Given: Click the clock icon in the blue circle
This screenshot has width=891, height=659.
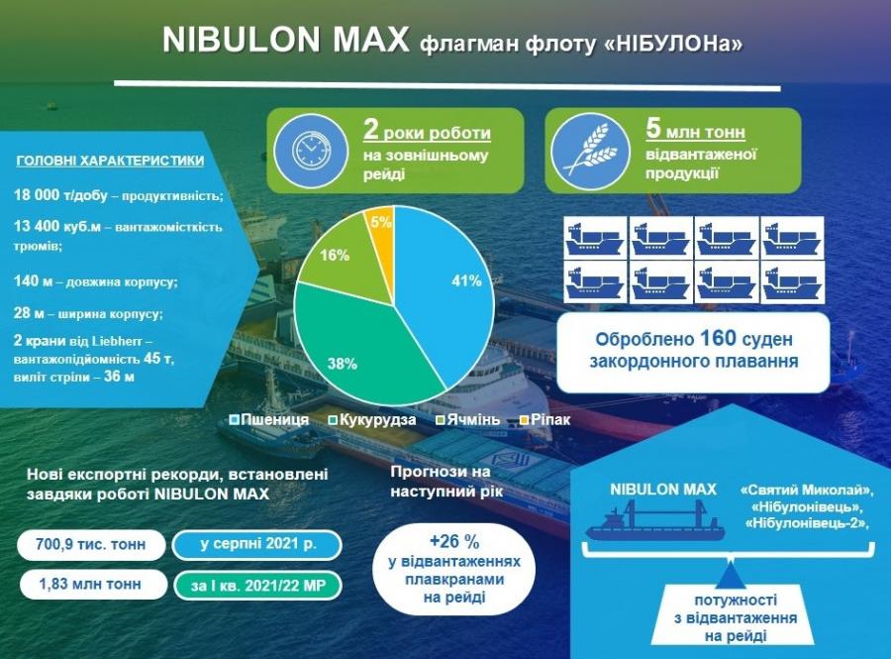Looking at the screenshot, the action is (x=311, y=150).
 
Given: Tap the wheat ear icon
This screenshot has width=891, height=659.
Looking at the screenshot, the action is (x=590, y=150).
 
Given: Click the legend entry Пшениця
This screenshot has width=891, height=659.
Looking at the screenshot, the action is (x=269, y=420).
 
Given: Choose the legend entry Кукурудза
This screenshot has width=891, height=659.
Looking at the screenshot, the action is (x=372, y=420).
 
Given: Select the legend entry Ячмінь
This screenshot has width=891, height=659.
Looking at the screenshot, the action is (x=468, y=420).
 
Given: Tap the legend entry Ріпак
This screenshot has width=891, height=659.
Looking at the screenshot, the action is (x=545, y=420).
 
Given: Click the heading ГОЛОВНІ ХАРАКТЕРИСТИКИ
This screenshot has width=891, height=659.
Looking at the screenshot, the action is (x=110, y=161).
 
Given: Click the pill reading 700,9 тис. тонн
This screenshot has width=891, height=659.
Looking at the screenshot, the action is (x=91, y=544).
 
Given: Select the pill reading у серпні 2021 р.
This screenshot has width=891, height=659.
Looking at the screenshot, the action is (x=257, y=544).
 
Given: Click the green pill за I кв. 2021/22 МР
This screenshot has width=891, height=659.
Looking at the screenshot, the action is (x=258, y=585).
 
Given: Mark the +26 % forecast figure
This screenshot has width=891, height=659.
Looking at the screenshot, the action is (x=454, y=542).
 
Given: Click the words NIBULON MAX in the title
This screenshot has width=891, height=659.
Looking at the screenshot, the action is (x=285, y=40).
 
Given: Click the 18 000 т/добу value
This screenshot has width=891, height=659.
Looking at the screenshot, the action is (x=60, y=195).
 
